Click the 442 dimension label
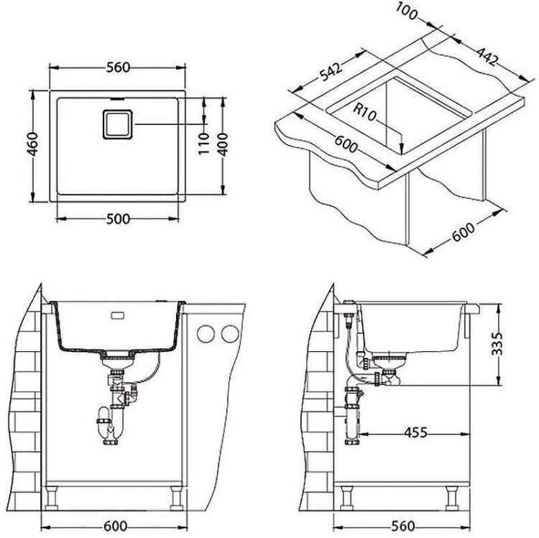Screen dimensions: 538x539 click(486, 57)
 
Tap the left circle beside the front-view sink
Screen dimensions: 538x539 click(206, 333)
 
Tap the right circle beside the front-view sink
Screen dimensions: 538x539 click(229, 333)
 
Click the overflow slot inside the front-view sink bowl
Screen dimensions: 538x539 click(116, 314)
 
